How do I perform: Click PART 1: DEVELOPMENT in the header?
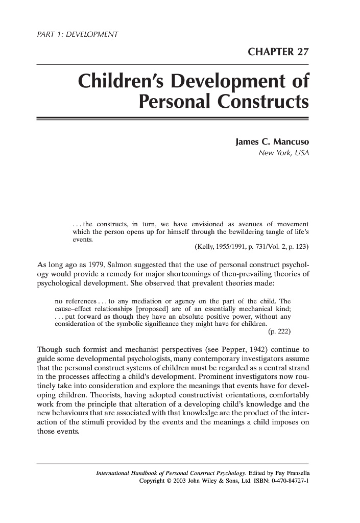75,35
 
